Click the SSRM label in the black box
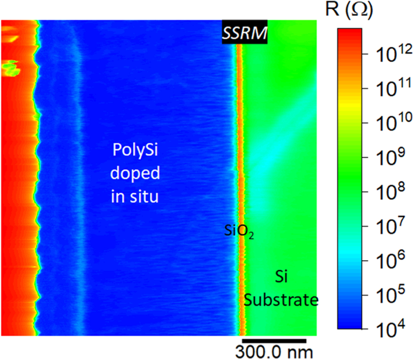point(244,32)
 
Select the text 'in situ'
point(134,197)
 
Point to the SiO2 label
point(239,233)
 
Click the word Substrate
point(281,300)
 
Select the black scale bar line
point(274,340)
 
